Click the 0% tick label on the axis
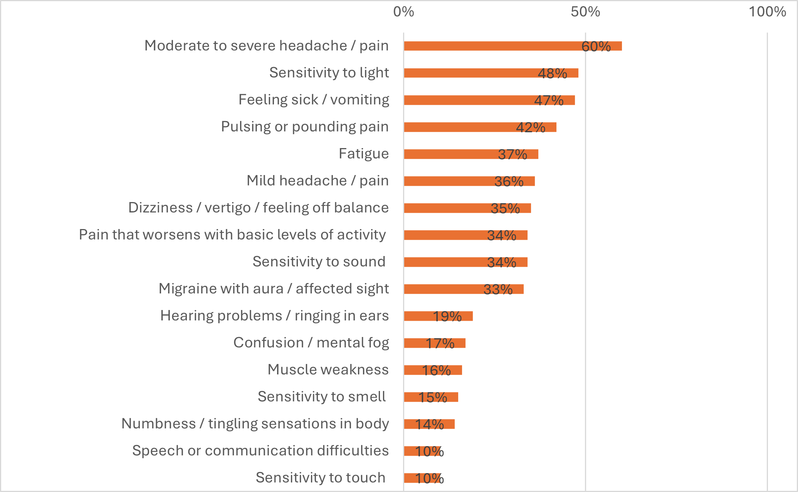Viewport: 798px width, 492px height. [403, 12]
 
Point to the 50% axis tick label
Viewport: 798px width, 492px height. [585, 12]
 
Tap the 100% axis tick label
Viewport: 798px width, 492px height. [767, 12]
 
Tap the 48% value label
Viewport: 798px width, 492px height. [552, 73]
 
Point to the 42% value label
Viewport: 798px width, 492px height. [531, 127]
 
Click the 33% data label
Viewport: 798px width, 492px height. [498, 289]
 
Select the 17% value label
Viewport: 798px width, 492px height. [440, 343]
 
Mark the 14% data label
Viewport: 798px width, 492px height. [429, 424]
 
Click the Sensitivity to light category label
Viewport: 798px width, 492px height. [329, 72]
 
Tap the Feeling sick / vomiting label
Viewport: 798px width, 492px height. [314, 99]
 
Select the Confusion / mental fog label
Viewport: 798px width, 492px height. [311, 342]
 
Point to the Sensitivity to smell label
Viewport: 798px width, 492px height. [321, 396]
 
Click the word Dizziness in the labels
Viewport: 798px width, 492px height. [160, 207]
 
